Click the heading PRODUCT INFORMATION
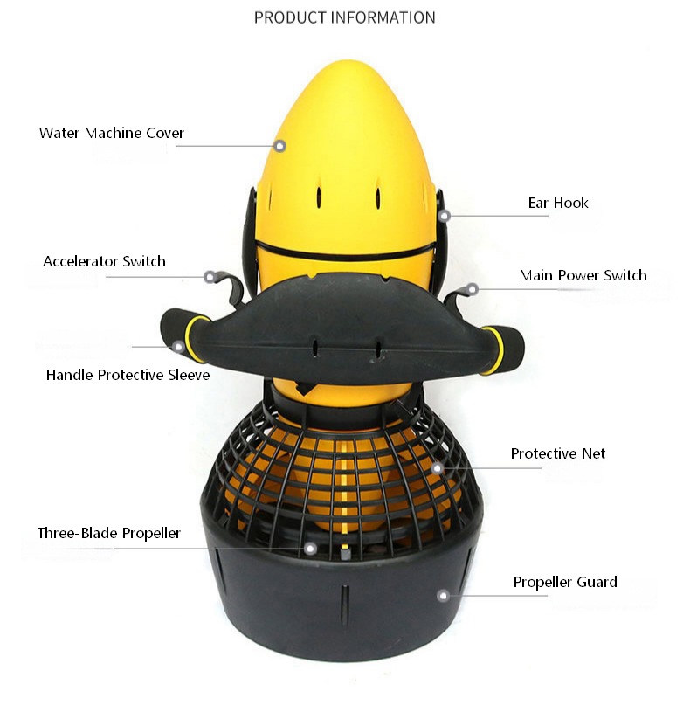pyautogui.click(x=344, y=17)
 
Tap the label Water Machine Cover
pyautogui.click(x=112, y=134)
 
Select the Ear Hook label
pyautogui.click(x=558, y=203)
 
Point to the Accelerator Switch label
pyautogui.click(x=104, y=261)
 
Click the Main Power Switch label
pyautogui.click(x=583, y=275)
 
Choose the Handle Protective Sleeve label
pyautogui.click(x=128, y=376)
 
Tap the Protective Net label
pyautogui.click(x=557, y=453)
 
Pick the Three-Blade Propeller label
pyautogui.click(x=109, y=533)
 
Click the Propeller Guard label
pyautogui.click(x=565, y=582)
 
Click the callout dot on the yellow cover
pyautogui.click(x=280, y=146)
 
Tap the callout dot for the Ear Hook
pyautogui.click(x=444, y=216)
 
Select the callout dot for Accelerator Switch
pyautogui.click(x=210, y=277)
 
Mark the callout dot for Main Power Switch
pyautogui.click(x=472, y=288)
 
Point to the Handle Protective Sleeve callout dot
pyautogui.click(x=179, y=346)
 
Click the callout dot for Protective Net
pyautogui.click(x=437, y=468)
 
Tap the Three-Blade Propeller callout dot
pyautogui.click(x=310, y=548)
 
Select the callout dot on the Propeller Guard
pyautogui.click(x=443, y=596)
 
